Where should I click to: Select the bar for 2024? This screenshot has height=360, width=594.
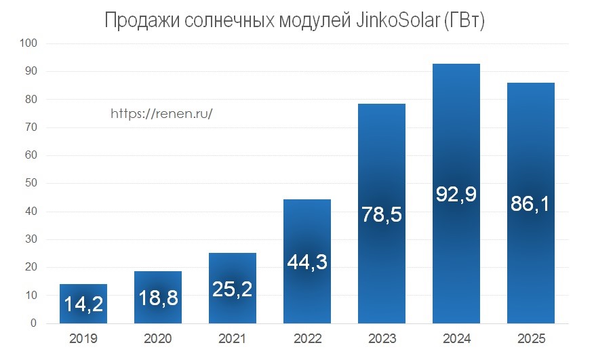coord(456,136)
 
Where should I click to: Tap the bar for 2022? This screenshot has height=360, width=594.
coord(307,231)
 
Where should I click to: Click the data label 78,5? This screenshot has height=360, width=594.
coord(382,216)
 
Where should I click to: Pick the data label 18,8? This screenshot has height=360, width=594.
coord(158,298)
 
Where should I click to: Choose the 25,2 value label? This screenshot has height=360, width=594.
coord(233,289)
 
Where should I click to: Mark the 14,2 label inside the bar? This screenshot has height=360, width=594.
coord(83,304)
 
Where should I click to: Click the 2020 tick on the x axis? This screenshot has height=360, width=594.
coord(158,337)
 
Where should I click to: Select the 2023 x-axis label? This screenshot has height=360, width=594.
coord(382,337)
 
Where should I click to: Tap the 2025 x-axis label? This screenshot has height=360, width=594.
coord(531,337)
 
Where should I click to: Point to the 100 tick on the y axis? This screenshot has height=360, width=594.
coord(28,43)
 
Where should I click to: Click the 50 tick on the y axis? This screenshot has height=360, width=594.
coord(31,183)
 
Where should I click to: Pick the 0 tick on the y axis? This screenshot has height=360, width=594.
coord(33,323)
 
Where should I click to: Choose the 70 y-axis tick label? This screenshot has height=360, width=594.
coord(31,127)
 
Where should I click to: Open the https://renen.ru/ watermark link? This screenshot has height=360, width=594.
coord(161,114)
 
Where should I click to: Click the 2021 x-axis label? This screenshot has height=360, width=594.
coord(233,337)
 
